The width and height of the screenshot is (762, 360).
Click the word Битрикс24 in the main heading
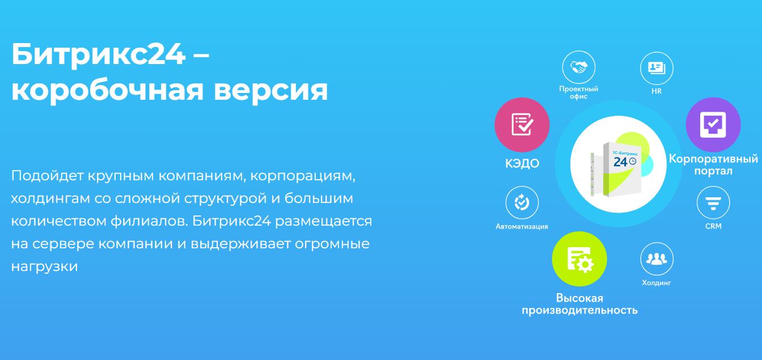99,54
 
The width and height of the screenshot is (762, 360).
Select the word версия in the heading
271,91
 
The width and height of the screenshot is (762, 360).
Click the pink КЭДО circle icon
522,125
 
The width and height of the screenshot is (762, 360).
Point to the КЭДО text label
522,163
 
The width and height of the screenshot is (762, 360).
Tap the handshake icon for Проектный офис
579,67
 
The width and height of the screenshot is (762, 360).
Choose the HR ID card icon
657,68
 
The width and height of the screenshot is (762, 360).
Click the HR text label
657,91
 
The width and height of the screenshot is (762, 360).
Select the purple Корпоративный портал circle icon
713,125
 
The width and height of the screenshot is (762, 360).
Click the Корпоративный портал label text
713,164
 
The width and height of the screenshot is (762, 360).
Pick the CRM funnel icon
713,202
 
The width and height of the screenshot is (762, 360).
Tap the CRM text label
713,226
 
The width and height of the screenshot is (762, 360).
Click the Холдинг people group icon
657,259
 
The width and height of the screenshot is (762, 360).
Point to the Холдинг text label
657,283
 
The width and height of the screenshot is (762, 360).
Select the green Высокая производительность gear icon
579,259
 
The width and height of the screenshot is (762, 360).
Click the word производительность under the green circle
579,310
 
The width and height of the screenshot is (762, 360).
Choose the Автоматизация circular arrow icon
522,202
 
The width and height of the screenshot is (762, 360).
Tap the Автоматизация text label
522,227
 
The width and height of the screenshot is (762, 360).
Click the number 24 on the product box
620,162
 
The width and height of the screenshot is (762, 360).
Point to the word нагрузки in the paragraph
45,267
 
